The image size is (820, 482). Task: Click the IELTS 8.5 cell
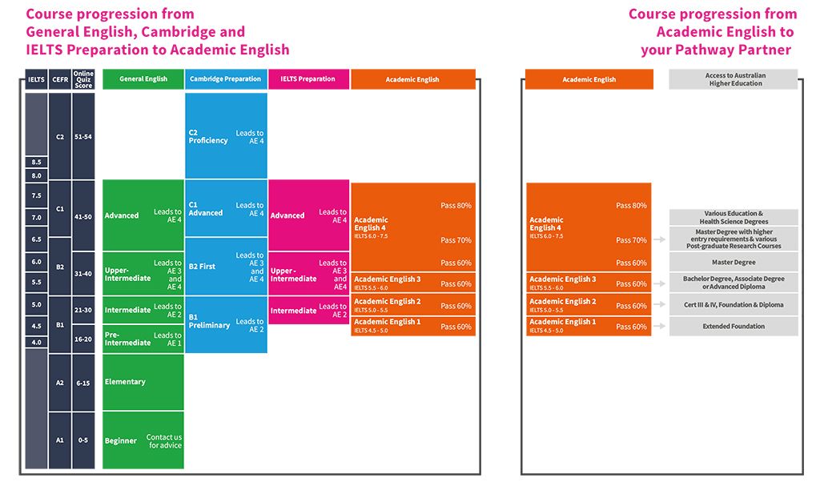click(x=36, y=162)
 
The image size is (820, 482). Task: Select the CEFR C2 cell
click(x=60, y=136)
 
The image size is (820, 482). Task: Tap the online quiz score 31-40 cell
click(x=83, y=273)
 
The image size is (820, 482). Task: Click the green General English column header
click(x=143, y=79)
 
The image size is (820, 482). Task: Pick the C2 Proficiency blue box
click(x=226, y=136)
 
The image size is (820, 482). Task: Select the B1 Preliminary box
click(x=226, y=325)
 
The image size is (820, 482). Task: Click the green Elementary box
click(x=143, y=382)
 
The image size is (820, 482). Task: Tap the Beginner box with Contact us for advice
click(x=143, y=440)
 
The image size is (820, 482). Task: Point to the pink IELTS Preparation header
click(x=308, y=79)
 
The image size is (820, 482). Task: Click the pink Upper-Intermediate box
click(x=308, y=275)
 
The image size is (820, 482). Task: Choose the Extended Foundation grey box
click(x=734, y=327)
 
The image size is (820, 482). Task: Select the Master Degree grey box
click(x=734, y=263)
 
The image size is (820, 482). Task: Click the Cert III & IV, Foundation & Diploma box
click(x=734, y=305)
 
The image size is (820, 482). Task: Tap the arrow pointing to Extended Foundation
click(x=659, y=327)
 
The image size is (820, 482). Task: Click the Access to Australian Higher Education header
click(x=734, y=79)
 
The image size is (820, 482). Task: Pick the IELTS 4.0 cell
click(x=36, y=343)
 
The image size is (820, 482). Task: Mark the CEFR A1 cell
click(x=60, y=440)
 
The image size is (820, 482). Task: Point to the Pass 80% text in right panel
click(x=631, y=206)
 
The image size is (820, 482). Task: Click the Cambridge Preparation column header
click(x=226, y=79)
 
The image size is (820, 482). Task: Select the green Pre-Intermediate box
click(x=143, y=339)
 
